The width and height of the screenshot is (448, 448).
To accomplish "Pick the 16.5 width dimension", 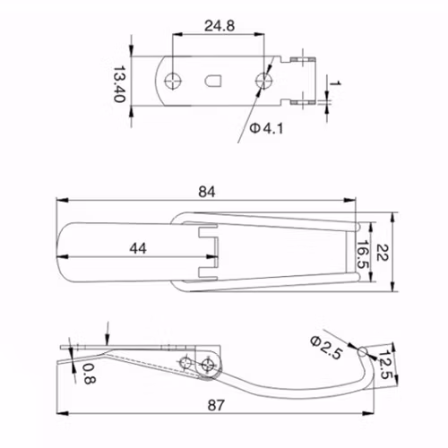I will pyautogui.click(x=362, y=254).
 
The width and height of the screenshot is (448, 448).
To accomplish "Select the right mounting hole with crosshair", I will pyautogui.click(x=264, y=81).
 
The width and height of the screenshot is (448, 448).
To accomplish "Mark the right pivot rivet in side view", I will pyautogui.click(x=209, y=363).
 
